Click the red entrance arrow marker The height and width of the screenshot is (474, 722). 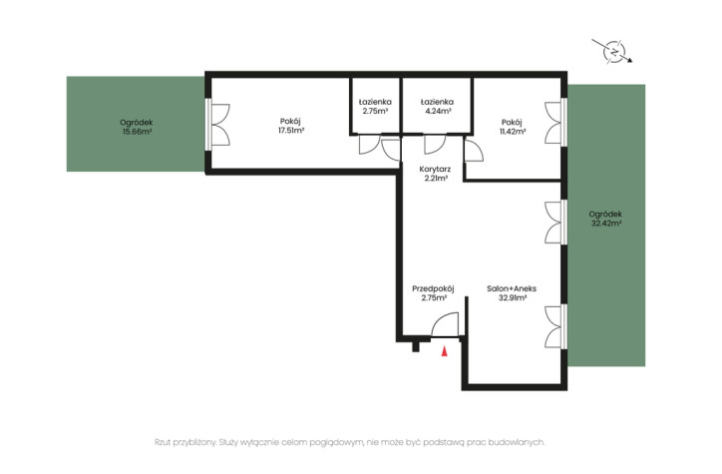click(x=445, y=351)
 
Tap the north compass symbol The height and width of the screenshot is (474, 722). click(x=613, y=51)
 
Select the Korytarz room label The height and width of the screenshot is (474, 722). click(x=435, y=170)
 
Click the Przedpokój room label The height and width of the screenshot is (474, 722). click(x=433, y=288)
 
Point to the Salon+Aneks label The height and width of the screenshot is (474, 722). click(x=512, y=288)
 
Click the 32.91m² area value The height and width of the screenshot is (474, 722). click(x=513, y=298)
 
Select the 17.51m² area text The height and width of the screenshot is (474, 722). click(x=291, y=131)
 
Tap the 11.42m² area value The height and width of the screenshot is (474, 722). click(x=513, y=132)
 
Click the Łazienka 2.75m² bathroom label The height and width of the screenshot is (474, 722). click(x=375, y=107)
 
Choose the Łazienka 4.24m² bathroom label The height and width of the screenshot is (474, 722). click(x=437, y=107)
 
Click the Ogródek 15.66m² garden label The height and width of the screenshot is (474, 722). click(x=137, y=127)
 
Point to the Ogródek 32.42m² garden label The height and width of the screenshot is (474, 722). click(x=605, y=219)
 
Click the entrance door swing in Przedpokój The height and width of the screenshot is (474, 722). click(x=445, y=324)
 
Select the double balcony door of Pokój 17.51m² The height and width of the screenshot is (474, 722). click(x=220, y=125)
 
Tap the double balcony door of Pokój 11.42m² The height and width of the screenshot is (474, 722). click(x=553, y=123)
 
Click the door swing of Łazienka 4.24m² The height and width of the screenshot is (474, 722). click(x=435, y=144)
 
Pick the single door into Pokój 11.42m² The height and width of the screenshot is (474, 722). click(x=474, y=150)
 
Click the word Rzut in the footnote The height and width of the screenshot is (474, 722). click(x=163, y=442)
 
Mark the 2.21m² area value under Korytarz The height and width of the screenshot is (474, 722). click(x=436, y=179)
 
